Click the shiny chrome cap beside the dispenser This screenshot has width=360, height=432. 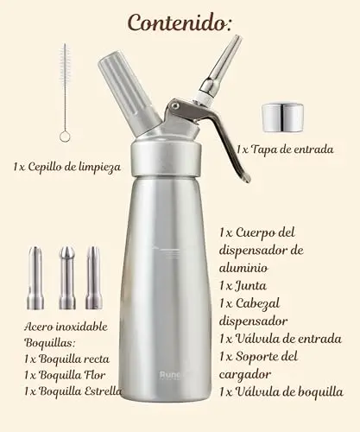click(x=282, y=118)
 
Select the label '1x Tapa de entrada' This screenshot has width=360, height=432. click(x=285, y=149)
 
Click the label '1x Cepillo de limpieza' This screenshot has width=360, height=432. click(x=67, y=167)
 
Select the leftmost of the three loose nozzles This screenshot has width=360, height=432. click(x=35, y=278)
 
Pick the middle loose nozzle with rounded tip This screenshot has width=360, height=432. click(x=67, y=278)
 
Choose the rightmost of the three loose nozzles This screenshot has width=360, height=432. click(x=94, y=278)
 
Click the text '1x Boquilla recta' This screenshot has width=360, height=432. click(x=66, y=359)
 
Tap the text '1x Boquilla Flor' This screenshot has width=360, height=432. click(x=65, y=375)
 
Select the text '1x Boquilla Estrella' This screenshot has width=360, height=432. click(x=73, y=391)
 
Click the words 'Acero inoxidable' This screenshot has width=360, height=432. click(x=66, y=327)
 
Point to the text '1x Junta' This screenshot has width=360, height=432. click(x=243, y=286)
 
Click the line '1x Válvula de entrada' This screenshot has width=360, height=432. click(x=281, y=339)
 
